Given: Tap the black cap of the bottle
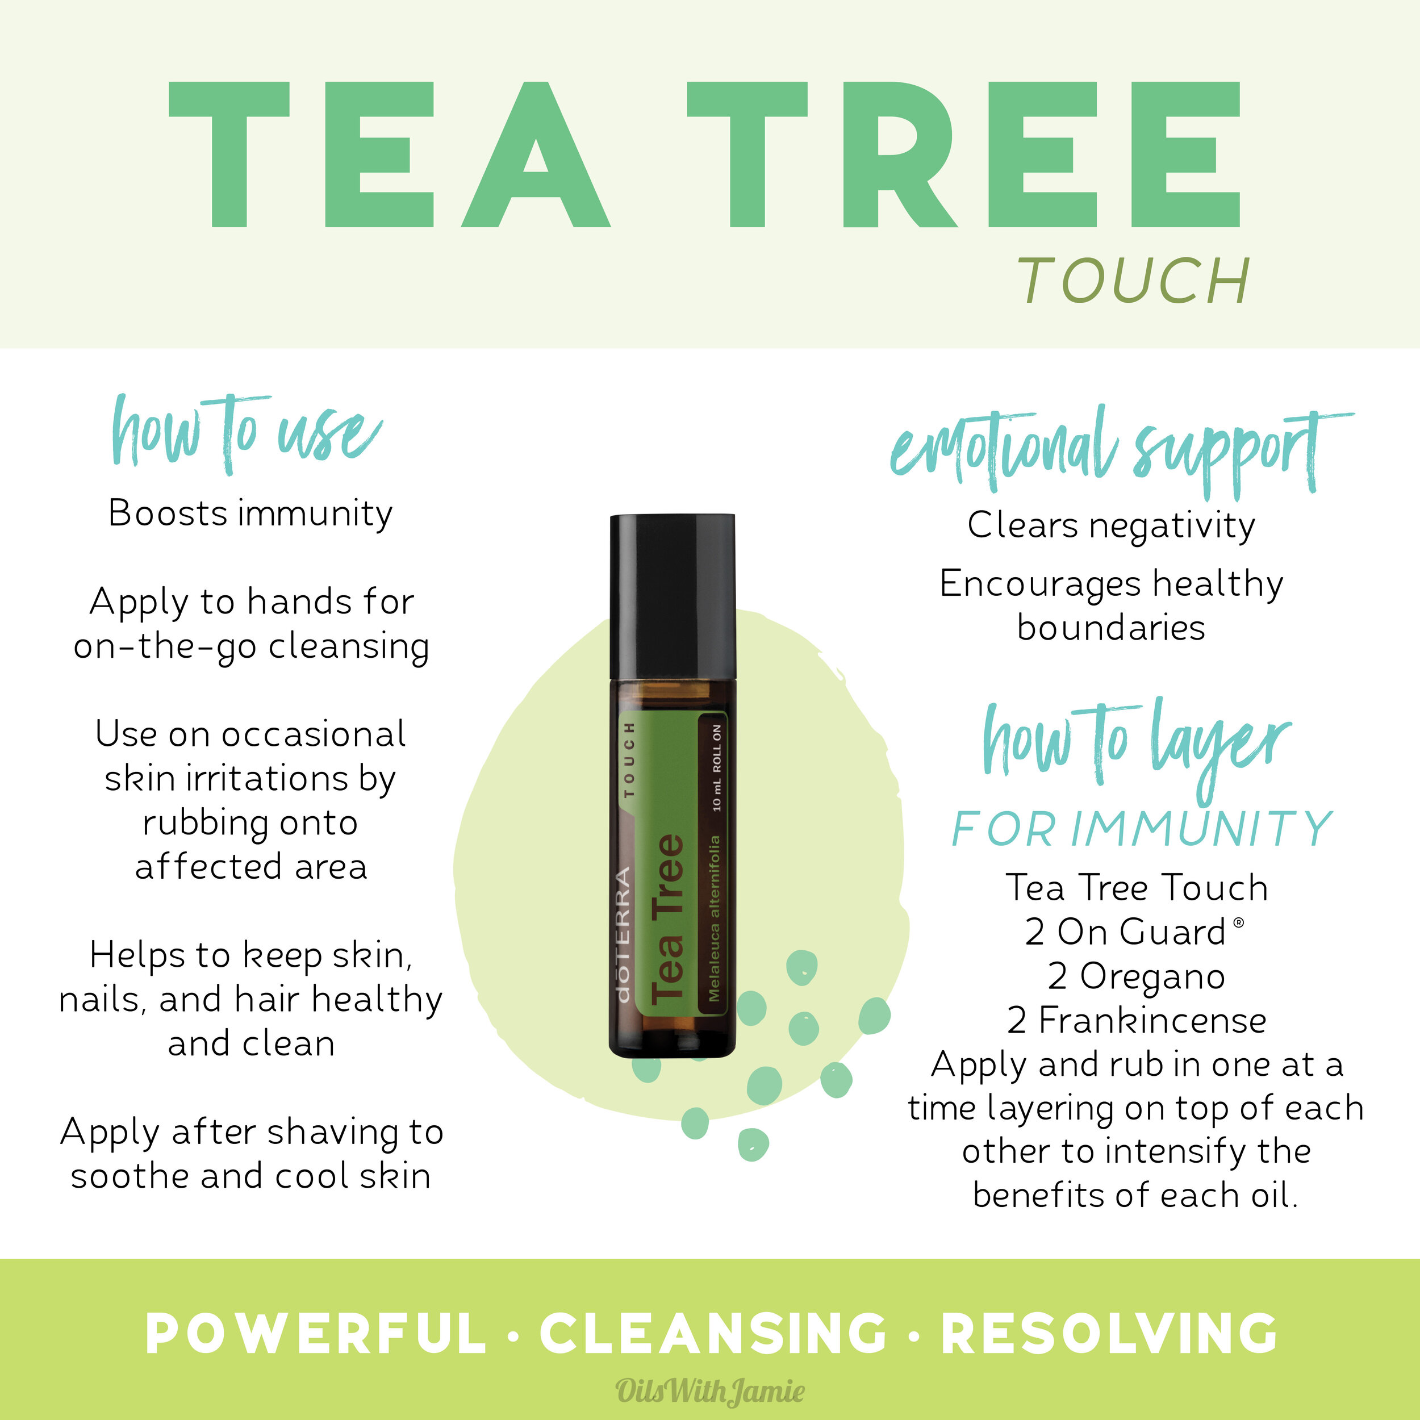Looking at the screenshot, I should tap(672, 595).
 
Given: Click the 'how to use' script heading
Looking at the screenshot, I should tap(246, 433).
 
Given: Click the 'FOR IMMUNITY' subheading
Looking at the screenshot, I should tap(1142, 829).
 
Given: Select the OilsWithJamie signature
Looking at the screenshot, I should tap(710, 1390).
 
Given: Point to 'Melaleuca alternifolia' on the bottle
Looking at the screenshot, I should tap(713, 918).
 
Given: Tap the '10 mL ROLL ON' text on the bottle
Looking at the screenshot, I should tap(717, 768).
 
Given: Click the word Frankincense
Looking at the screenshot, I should tap(1152, 1021).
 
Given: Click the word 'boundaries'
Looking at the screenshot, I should tap(1112, 628).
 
